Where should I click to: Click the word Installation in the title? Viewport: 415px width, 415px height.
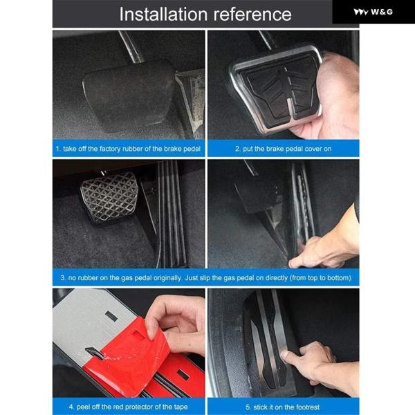pos(163,14)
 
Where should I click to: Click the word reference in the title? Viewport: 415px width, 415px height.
pos(252,15)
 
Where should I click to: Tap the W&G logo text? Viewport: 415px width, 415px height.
pos(382,12)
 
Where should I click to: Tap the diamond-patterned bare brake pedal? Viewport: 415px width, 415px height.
pos(109,196)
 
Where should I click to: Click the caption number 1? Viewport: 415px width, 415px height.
pos(58,149)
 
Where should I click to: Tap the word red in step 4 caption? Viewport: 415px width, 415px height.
pos(120,407)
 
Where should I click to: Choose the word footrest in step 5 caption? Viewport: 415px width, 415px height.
pos(308,407)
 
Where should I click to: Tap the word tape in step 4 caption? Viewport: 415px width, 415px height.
pos(181,407)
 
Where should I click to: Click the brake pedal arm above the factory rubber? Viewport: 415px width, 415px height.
pos(130,47)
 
